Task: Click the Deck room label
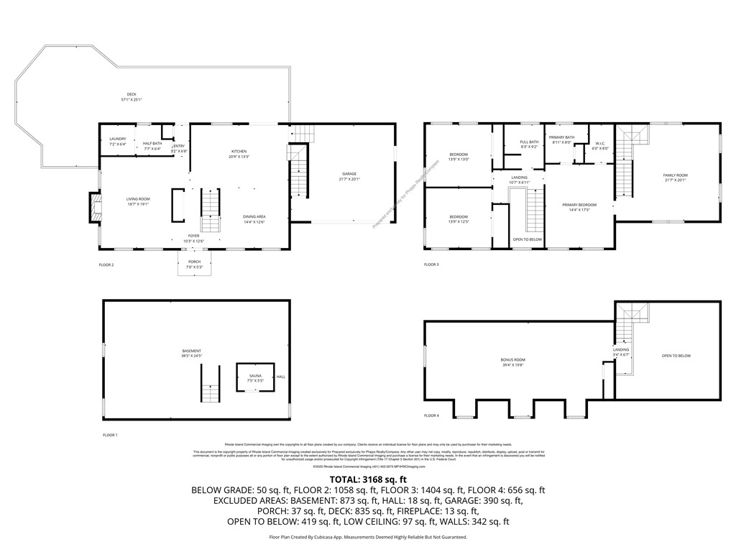pos(132,96)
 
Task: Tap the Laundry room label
pos(118,141)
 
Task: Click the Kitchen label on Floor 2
pos(239,154)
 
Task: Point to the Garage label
pos(349,176)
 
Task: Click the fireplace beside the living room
pos(94,207)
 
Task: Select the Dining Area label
pos(255,218)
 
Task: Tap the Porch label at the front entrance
pos(194,264)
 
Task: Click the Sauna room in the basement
pos(255,377)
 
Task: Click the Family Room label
pos(675,178)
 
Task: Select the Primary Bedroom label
pos(579,207)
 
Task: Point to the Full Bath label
pos(529,144)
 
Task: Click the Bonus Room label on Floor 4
pos(512,362)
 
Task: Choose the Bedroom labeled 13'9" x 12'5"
pos(459,219)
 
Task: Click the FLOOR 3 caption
pos(431,264)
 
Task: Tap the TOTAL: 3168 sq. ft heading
pos(368,479)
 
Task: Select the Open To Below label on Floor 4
pos(676,356)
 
